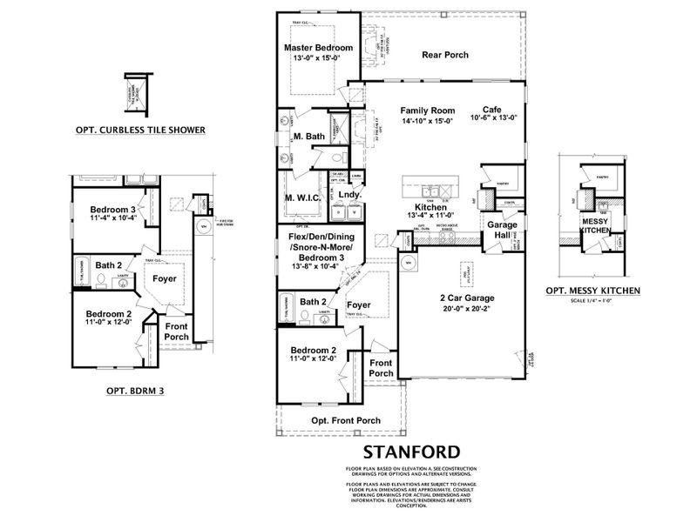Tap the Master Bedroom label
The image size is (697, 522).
[x=318, y=47]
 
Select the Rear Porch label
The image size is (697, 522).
[x=445, y=55]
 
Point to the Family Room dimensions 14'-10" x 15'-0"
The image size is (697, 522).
[x=428, y=122]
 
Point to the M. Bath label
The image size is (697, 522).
[x=309, y=137]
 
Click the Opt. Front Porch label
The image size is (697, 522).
[x=346, y=420]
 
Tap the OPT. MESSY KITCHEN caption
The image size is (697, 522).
[x=592, y=290]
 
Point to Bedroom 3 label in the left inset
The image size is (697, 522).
[x=112, y=209]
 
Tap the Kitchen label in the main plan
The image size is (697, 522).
[x=430, y=208]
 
